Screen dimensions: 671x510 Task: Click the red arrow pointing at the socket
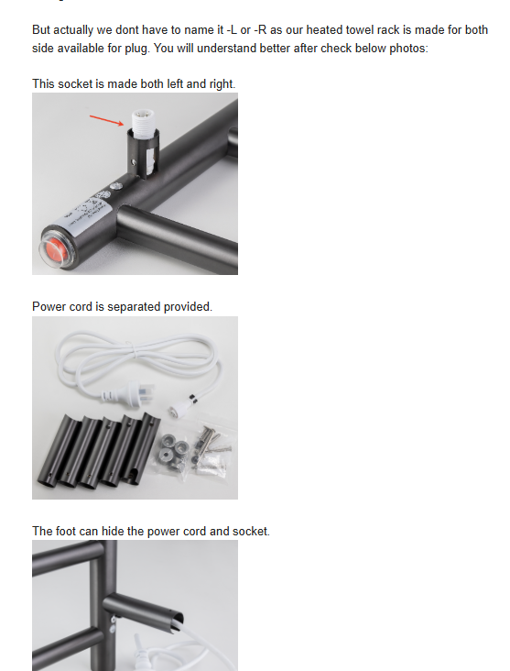(x=105, y=119)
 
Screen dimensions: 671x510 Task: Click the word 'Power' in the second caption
(x=49, y=306)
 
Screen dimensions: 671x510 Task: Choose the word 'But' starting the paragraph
(x=43, y=30)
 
